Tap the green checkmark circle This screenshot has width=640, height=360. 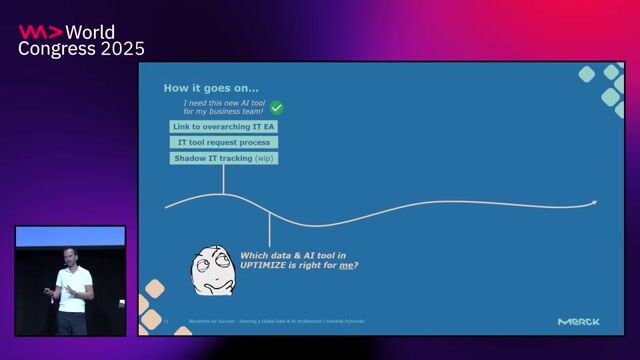tap(277, 107)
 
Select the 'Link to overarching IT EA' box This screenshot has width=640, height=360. tap(223, 127)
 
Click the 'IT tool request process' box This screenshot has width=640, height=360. tap(223, 143)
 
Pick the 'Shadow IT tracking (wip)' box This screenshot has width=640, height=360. tap(223, 158)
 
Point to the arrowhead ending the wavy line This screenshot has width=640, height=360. tap(594, 202)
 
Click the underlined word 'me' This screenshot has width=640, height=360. tap(346, 265)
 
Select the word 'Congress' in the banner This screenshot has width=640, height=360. tap(52, 48)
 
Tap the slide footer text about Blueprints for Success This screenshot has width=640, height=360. tap(271, 322)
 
